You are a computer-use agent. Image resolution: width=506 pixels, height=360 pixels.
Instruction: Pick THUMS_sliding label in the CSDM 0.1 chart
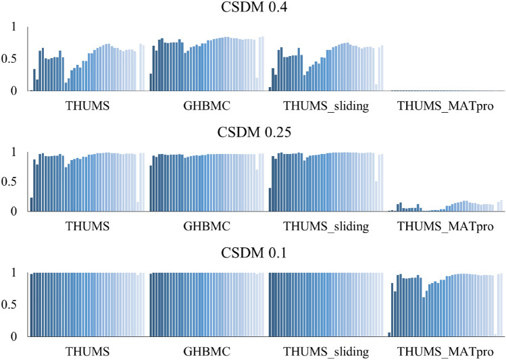326,352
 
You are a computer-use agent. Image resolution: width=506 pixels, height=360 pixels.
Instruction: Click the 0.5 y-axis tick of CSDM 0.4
12,59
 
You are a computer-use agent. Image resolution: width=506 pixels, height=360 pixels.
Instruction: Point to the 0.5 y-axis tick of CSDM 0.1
12,305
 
